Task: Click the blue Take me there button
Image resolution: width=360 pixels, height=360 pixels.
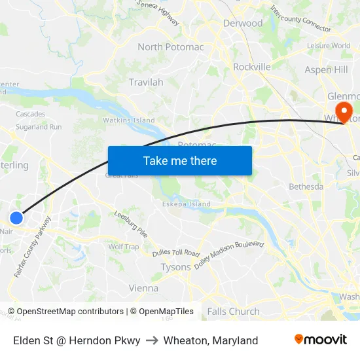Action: (x=180, y=160)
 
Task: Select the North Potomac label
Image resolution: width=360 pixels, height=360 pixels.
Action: (x=170, y=47)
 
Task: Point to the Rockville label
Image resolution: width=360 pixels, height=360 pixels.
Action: (x=252, y=67)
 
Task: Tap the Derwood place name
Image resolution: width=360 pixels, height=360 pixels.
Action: (x=242, y=24)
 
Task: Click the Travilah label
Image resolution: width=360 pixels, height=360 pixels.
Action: (x=146, y=82)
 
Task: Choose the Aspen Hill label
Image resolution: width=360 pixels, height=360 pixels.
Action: (x=326, y=69)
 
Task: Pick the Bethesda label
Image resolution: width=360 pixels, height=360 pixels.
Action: (x=306, y=187)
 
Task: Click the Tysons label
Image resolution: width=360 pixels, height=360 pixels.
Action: (x=175, y=267)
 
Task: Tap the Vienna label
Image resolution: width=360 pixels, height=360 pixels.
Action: (x=143, y=288)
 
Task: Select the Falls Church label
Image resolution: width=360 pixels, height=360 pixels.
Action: (x=234, y=312)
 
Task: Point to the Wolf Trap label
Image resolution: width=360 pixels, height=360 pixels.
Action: (x=124, y=247)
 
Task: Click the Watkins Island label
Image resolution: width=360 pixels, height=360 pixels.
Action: (x=129, y=120)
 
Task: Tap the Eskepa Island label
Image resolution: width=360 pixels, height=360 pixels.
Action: (x=187, y=204)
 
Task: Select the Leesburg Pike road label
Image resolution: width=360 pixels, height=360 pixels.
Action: (x=131, y=224)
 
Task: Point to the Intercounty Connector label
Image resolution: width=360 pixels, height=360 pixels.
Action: (x=300, y=18)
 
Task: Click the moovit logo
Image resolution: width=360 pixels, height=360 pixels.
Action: (x=321, y=340)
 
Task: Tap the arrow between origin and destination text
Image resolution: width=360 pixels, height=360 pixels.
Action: (x=152, y=340)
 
